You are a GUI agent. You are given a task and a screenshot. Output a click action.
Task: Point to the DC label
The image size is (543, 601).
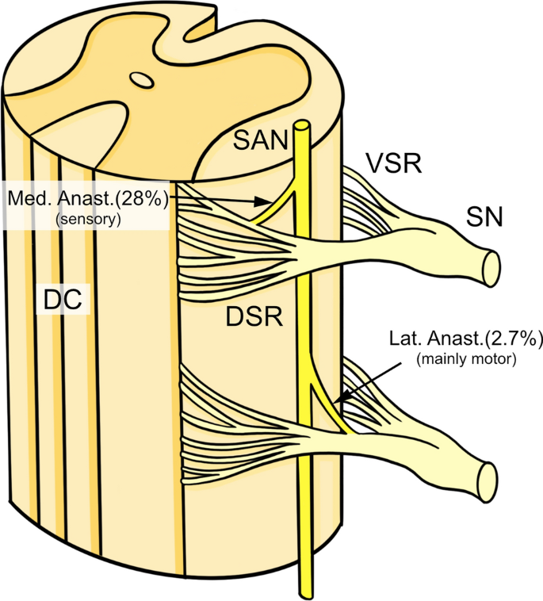point(64,300)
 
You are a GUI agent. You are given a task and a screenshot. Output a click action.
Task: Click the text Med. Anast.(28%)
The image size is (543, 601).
point(86,198)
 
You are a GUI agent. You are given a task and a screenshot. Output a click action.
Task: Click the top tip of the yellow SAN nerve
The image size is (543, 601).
point(301,125)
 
